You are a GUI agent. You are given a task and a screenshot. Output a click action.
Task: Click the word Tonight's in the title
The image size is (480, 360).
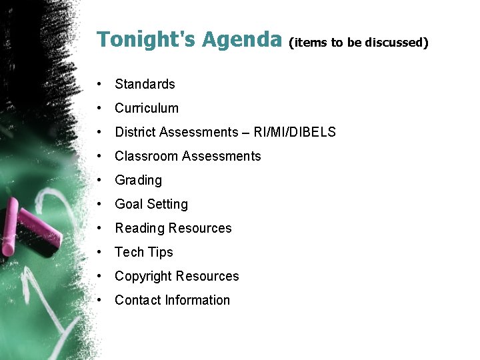(145, 40)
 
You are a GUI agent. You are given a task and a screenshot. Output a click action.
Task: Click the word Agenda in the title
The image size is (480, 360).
(242, 40)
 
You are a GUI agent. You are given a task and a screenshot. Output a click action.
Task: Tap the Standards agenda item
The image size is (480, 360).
(145, 84)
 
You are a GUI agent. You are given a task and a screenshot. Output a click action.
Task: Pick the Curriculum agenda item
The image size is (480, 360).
(147, 108)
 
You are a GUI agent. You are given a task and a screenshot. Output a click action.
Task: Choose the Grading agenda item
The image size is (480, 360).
(138, 180)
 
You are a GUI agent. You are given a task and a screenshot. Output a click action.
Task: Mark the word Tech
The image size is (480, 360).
(129, 252)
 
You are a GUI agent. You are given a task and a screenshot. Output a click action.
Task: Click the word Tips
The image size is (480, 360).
(161, 253)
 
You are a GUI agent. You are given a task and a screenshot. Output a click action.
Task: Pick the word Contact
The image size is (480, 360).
(137, 300)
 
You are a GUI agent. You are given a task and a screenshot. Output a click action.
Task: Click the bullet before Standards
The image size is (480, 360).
(99, 84)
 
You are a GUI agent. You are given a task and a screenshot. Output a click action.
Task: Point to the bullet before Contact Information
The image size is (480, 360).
(99, 300)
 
